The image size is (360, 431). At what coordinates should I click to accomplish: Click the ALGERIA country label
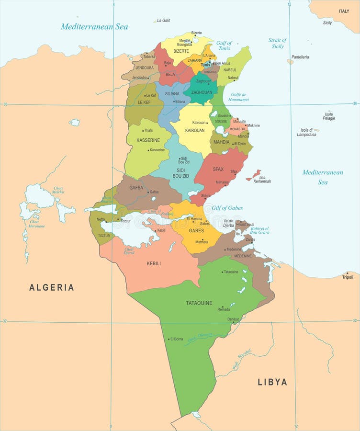52,287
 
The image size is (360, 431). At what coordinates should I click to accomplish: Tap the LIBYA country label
272,382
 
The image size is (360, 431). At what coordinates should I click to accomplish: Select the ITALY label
344,11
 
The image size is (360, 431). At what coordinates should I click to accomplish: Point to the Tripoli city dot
347,273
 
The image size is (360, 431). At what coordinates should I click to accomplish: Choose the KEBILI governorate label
154,263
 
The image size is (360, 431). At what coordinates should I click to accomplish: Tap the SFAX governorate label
218,169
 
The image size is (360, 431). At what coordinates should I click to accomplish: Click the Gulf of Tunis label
224,45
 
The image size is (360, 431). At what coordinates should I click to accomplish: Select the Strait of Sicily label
278,43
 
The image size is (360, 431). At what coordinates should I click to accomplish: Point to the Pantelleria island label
300,57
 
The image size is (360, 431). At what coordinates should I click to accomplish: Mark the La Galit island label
163,21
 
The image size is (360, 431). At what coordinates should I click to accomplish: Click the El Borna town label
177,339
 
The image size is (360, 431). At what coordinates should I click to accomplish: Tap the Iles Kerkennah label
262,179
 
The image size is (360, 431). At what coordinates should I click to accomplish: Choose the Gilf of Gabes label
227,208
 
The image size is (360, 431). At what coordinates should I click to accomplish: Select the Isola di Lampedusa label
306,132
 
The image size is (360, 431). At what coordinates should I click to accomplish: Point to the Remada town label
224,309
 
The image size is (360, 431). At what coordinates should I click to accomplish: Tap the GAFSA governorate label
136,188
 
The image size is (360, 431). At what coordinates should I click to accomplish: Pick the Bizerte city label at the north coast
196,33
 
